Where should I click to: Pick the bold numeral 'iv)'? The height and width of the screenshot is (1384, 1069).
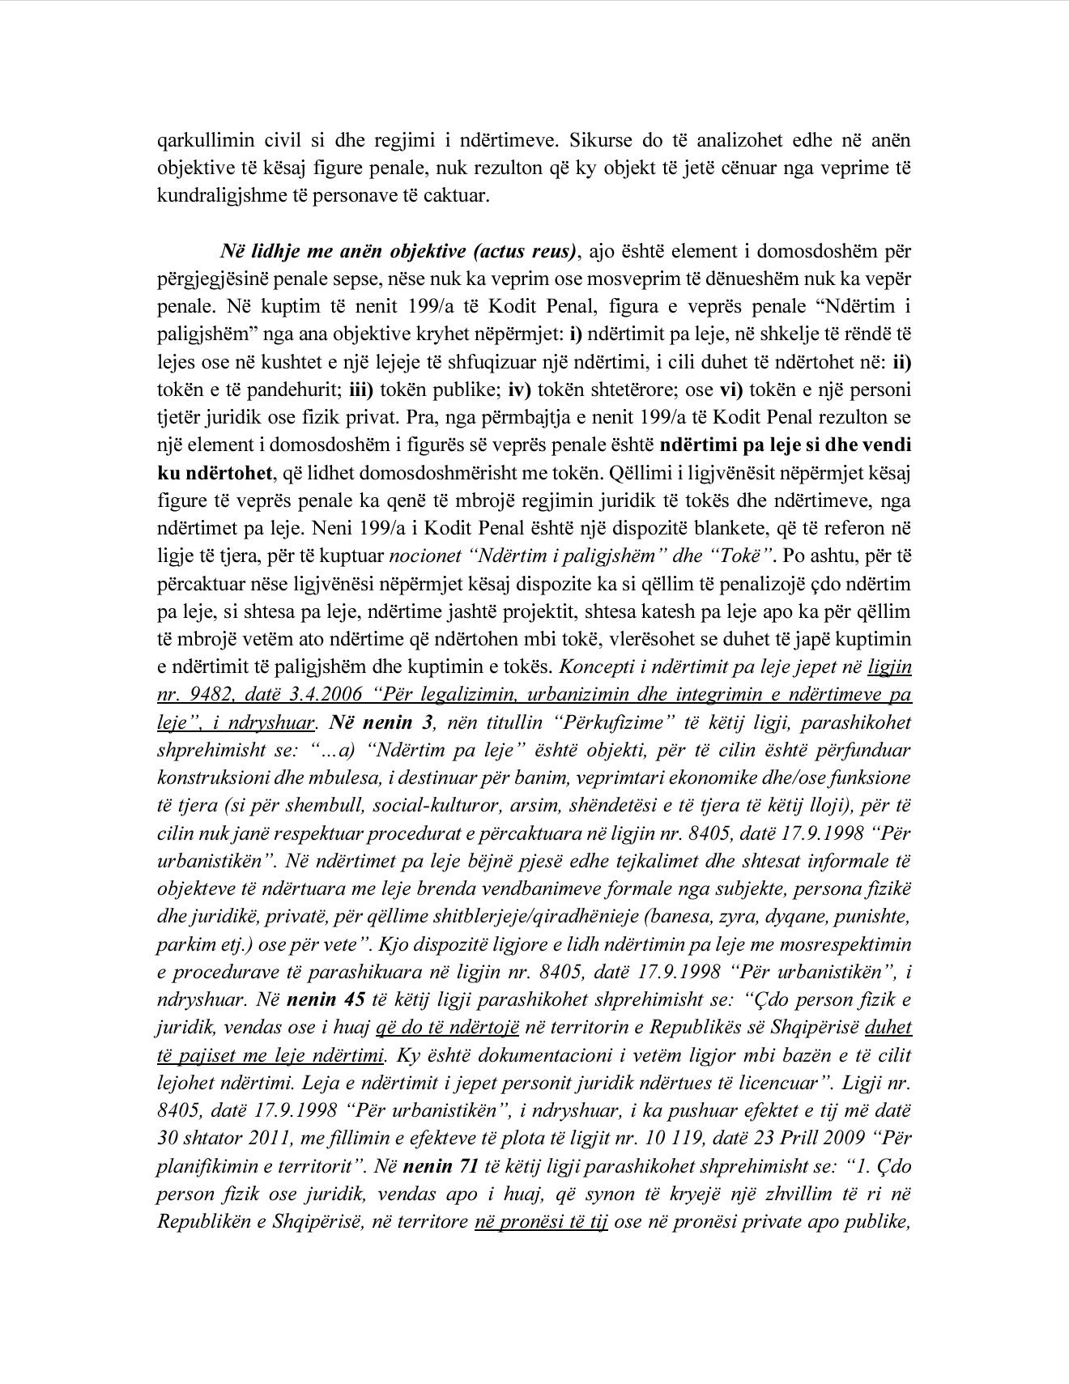click(519, 390)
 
